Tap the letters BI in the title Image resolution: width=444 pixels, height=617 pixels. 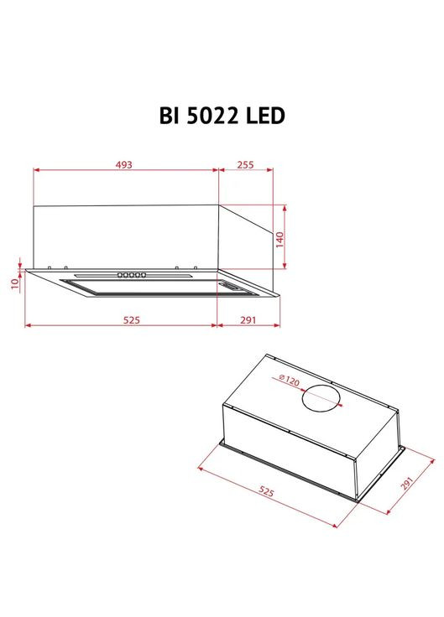[x=167, y=116]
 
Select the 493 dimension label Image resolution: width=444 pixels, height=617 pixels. [x=124, y=165]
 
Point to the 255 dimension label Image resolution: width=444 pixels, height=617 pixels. [x=245, y=165]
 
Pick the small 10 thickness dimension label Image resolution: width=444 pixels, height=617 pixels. [x=15, y=284]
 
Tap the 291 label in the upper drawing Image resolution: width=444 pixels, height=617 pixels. [x=248, y=319]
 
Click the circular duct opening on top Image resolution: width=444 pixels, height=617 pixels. [x=320, y=398]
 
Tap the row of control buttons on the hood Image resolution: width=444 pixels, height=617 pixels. [x=132, y=274]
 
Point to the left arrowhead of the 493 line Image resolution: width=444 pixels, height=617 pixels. [x=36, y=171]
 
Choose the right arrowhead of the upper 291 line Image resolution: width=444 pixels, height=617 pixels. [x=279, y=325]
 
